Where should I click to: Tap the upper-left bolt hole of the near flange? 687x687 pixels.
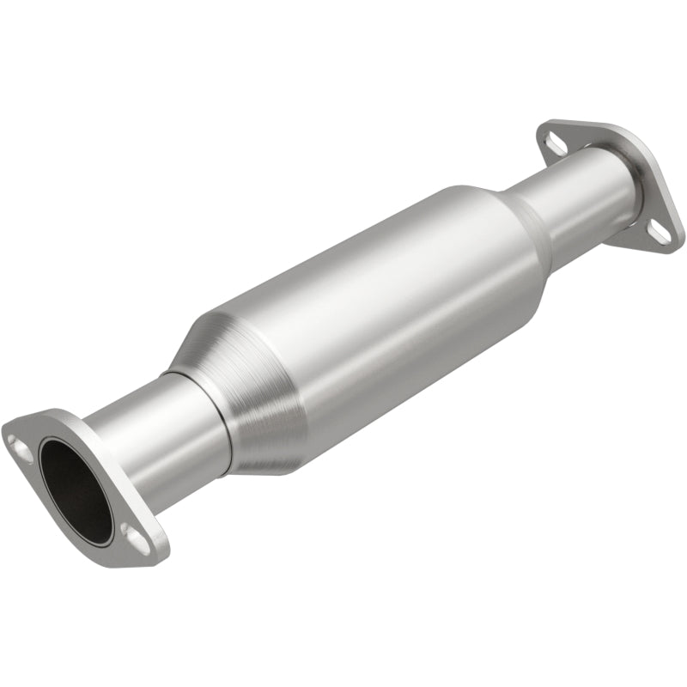(19, 444)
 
